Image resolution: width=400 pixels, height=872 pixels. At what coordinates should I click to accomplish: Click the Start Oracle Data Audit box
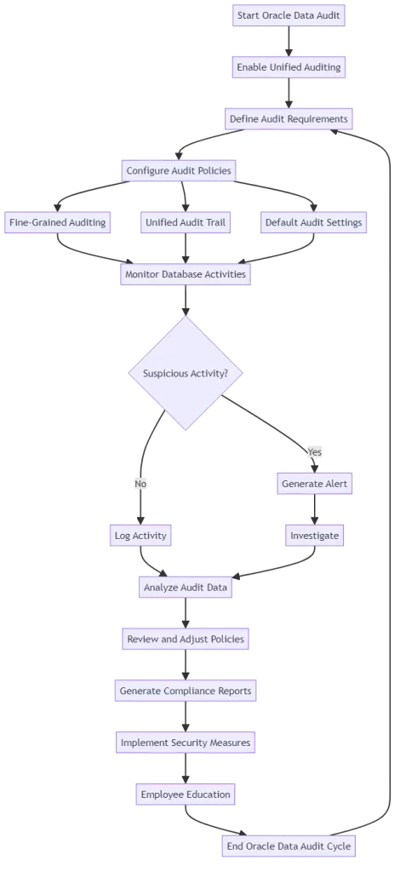[289, 15]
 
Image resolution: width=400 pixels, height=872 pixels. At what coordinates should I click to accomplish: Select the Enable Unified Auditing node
[289, 67]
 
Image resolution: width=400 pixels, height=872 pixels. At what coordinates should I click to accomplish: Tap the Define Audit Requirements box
[289, 119]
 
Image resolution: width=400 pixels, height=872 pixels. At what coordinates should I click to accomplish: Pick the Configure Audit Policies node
[179, 170]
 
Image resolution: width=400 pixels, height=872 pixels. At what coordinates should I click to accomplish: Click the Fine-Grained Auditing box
[58, 222]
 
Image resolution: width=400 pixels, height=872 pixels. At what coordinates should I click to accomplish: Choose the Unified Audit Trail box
[186, 222]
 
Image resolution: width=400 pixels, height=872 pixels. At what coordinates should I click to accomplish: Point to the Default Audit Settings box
[313, 222]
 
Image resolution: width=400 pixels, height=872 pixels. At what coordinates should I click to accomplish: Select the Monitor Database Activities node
[186, 274]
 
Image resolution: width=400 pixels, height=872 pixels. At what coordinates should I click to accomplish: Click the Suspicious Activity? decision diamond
[185, 373]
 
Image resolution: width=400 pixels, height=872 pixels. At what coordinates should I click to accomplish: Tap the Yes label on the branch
[315, 451]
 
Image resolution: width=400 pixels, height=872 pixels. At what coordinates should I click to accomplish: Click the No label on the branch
[140, 484]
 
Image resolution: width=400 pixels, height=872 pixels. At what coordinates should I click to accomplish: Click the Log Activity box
[140, 536]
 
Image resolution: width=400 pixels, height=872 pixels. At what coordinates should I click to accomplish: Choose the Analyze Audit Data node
[185, 586]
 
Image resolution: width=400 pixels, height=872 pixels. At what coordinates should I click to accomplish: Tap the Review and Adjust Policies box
[185, 639]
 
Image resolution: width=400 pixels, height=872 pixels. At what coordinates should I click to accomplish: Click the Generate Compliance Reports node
[185, 691]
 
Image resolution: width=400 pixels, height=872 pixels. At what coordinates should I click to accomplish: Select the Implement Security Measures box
[185, 743]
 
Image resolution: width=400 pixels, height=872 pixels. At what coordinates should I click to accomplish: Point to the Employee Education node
[184, 795]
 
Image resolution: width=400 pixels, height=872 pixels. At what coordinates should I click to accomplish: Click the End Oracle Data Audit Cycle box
[288, 846]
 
